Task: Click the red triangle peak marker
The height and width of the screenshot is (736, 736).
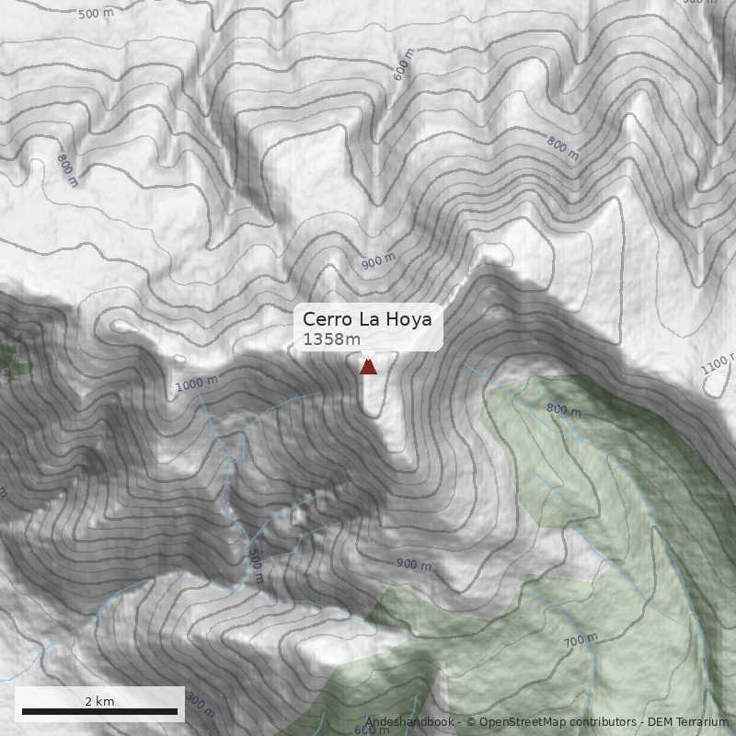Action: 368,367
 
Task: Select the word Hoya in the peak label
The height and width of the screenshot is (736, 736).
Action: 408,319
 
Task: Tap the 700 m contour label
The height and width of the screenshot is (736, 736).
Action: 581,638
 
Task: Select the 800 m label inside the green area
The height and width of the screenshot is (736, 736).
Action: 564,409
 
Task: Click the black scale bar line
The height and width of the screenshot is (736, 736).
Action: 99,711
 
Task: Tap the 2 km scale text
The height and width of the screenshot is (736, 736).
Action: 99,701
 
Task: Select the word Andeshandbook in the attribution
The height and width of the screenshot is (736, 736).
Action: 408,723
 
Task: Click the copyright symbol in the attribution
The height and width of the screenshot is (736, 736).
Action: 470,723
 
